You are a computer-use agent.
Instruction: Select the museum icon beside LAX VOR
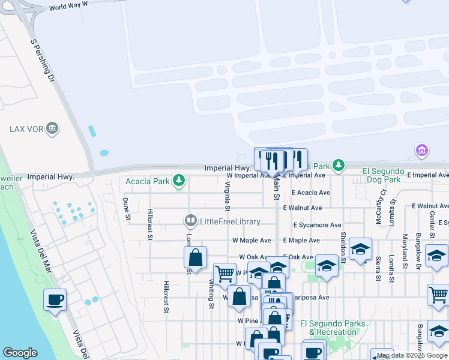[x=52, y=128]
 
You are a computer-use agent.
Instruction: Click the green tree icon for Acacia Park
[x=178, y=180]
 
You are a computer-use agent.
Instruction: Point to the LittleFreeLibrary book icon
[x=191, y=221]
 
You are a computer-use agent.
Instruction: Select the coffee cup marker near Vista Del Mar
[x=55, y=299]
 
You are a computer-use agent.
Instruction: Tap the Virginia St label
[x=228, y=196]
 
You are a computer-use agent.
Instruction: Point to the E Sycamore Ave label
[x=318, y=225]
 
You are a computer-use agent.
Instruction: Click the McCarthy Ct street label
[x=381, y=208]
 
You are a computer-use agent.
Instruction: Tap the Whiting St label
[x=211, y=294]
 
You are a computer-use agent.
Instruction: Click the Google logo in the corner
[x=20, y=353]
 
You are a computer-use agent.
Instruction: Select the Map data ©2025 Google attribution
[x=412, y=356]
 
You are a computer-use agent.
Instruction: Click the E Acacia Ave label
[x=311, y=193]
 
